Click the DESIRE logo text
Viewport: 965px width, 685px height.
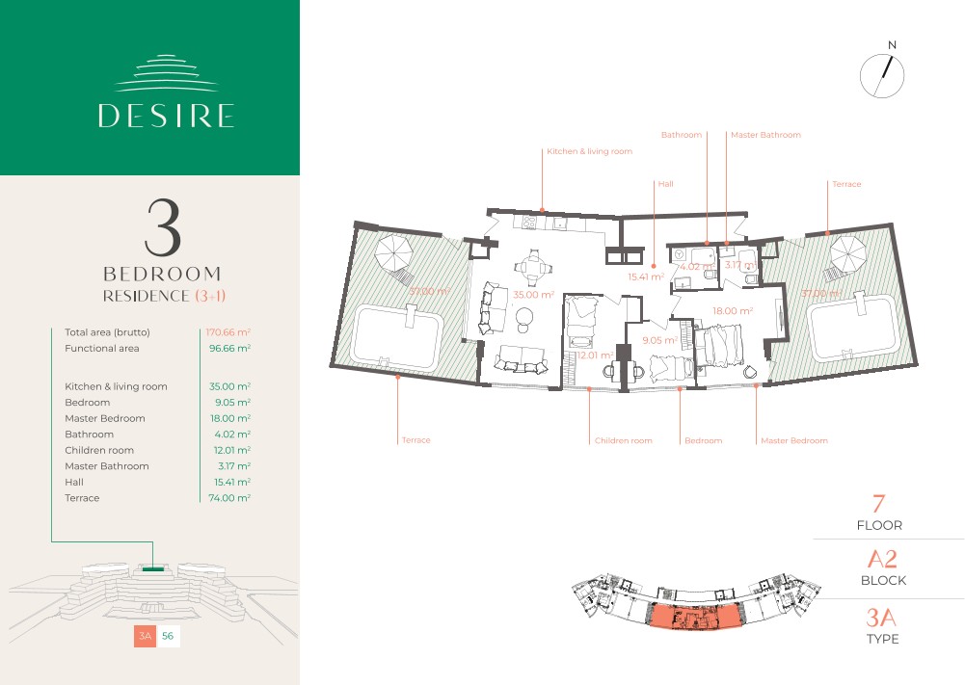[x=166, y=116]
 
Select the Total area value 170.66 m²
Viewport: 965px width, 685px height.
[x=228, y=332]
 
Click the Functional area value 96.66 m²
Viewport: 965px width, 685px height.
[x=229, y=348]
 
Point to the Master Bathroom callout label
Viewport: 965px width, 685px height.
[x=765, y=135]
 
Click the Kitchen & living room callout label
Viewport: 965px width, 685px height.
[x=590, y=151]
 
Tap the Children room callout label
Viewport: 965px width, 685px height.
[x=623, y=440]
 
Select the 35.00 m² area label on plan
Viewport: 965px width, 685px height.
[x=533, y=295]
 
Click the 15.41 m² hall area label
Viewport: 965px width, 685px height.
[x=646, y=277]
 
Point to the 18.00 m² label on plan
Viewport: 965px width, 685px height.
[x=733, y=310]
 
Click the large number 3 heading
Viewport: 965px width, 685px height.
[x=163, y=227]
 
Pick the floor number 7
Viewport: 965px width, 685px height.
[x=879, y=504]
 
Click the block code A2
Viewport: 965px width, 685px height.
[x=882, y=559]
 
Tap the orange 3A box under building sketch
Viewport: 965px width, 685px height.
[x=146, y=636]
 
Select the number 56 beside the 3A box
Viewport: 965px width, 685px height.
[x=168, y=636]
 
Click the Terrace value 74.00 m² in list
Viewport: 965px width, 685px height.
[x=229, y=498]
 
